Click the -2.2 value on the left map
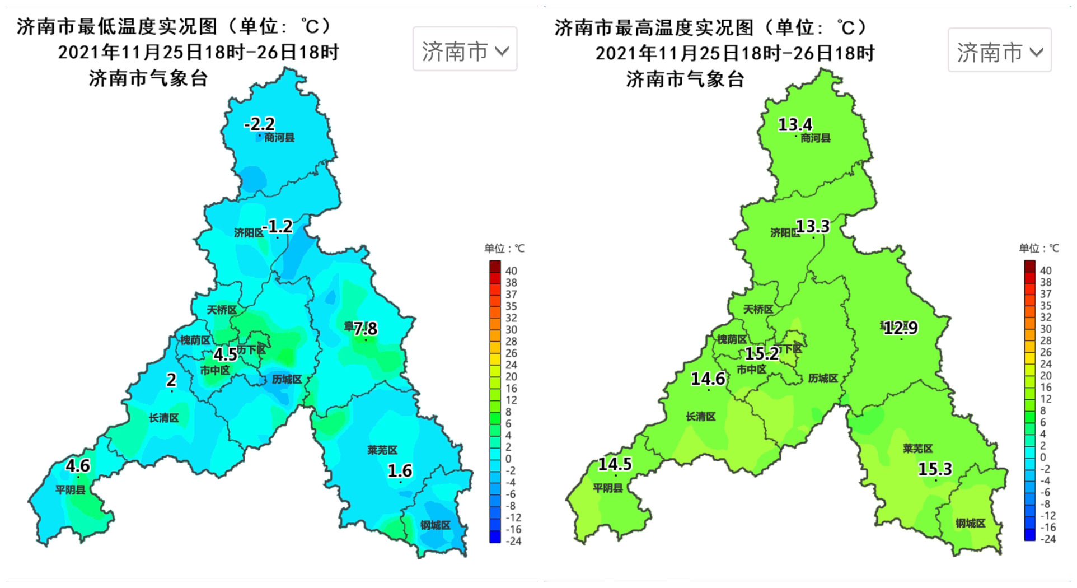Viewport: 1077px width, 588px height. point(259,124)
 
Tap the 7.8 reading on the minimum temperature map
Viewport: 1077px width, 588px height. point(365,328)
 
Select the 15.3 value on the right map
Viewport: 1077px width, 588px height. point(935,469)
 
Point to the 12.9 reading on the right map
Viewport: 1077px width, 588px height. point(901,328)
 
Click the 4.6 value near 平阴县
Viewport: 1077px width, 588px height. point(77,465)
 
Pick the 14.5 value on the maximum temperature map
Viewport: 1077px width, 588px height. point(615,464)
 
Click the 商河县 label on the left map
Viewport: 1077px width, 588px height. point(279,138)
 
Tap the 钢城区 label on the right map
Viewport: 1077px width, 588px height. point(970,523)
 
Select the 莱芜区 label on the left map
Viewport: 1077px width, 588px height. point(382,450)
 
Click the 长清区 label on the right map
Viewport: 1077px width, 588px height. point(700,417)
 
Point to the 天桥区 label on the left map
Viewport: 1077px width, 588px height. point(222,310)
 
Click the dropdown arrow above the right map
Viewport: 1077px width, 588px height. point(1037,53)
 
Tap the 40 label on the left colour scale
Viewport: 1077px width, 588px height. point(511,271)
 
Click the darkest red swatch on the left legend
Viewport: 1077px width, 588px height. point(495,266)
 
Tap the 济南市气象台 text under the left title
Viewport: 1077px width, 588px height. point(148,78)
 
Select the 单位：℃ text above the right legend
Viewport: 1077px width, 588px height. point(1038,248)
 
